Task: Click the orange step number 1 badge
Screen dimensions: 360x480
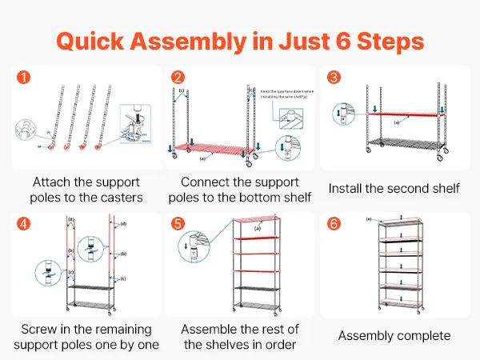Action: click(24, 78)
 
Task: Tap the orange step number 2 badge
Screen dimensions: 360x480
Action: click(178, 78)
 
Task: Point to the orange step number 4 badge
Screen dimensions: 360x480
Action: click(24, 223)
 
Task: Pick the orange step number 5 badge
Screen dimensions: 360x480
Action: click(178, 223)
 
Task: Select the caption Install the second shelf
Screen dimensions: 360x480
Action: click(394, 189)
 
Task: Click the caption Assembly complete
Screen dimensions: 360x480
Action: click(394, 335)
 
